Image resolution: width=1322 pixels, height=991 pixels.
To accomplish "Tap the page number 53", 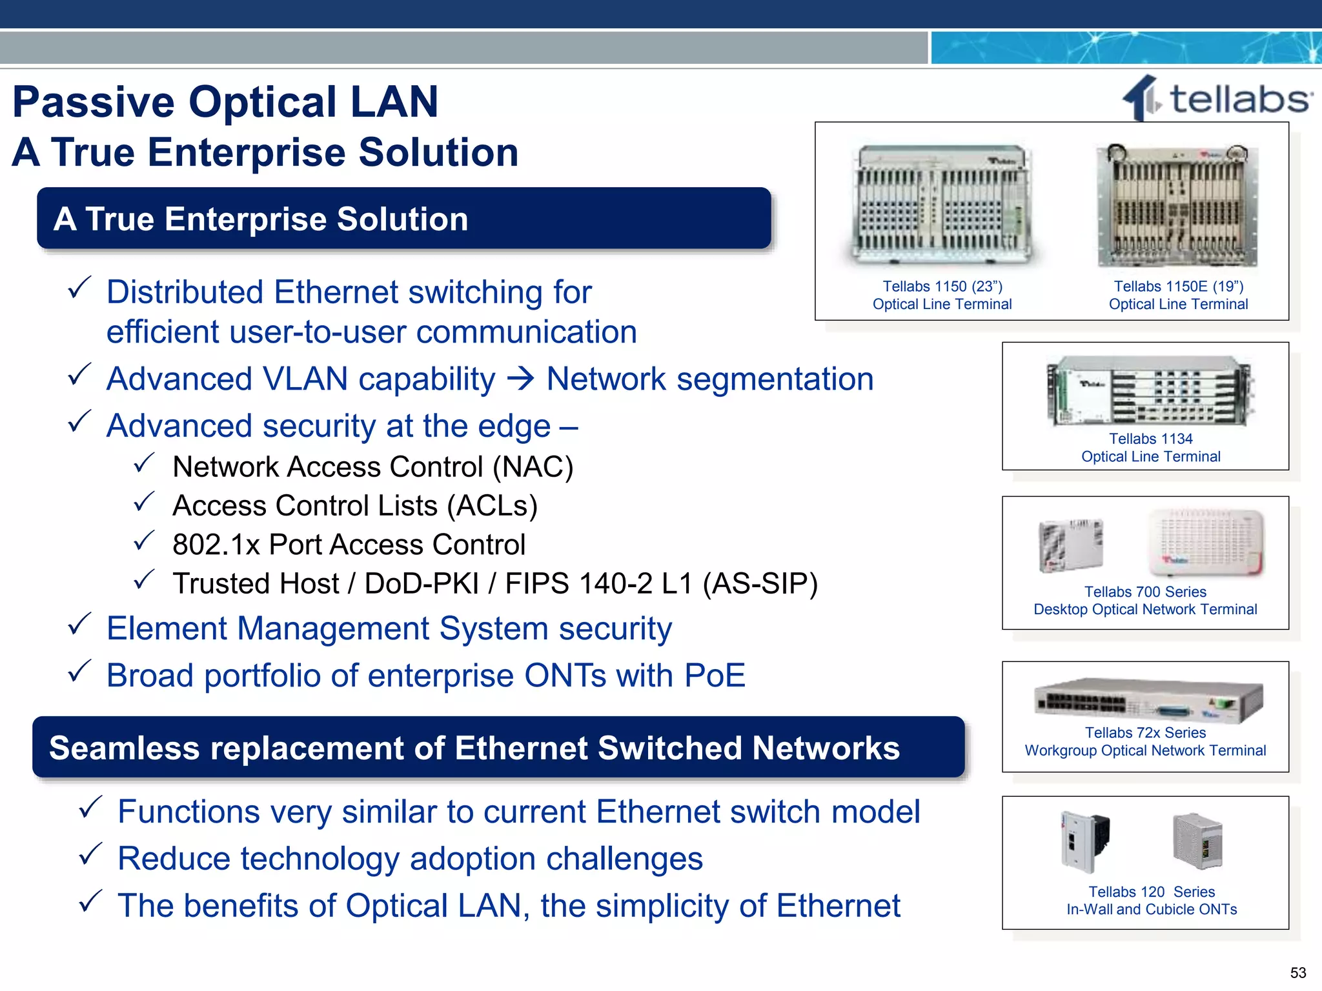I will click(1298, 972).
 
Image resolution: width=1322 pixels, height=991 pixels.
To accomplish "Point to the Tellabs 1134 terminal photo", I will click(1150, 391).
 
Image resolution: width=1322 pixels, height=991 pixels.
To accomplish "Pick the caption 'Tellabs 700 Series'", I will click(1145, 592).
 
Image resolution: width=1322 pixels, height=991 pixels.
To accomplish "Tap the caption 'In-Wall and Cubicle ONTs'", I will click(1152, 909).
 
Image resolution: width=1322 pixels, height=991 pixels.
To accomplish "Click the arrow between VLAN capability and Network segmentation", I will click(520, 379).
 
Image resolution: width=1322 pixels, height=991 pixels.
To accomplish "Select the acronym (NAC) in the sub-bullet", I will click(533, 467).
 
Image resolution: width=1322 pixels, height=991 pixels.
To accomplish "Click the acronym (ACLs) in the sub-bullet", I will click(492, 506).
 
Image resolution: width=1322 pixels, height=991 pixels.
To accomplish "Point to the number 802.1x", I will click(216, 545).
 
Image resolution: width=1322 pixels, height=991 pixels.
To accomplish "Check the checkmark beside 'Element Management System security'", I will click(79, 625).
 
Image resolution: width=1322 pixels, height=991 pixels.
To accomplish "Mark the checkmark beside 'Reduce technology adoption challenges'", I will click(90, 855).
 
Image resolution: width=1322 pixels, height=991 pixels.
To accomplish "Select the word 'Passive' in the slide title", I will click(94, 102).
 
